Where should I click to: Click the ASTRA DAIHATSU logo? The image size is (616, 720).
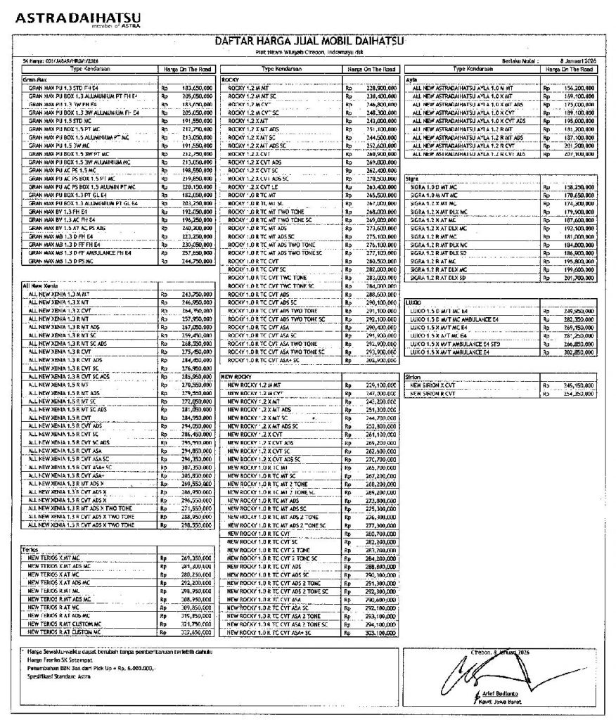click(78, 18)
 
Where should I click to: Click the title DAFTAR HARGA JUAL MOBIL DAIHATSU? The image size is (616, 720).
click(309, 41)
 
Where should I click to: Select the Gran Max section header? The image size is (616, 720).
click(34, 79)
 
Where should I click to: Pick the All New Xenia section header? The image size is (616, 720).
click(41, 286)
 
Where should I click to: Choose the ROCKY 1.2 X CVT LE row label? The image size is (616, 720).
click(254, 188)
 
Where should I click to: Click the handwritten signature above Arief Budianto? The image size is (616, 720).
click(492, 671)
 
